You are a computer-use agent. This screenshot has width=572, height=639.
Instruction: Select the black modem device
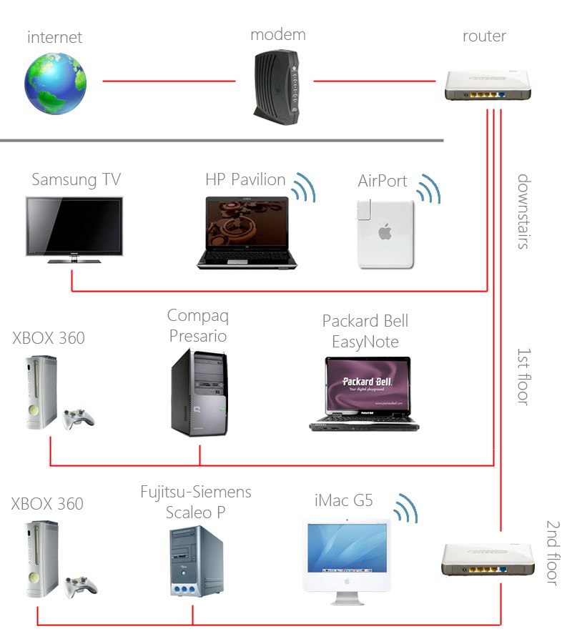pyautogui.click(x=275, y=86)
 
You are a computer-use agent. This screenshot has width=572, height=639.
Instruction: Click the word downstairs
pyautogui.click(x=523, y=211)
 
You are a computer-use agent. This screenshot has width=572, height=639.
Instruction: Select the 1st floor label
pyautogui.click(x=523, y=377)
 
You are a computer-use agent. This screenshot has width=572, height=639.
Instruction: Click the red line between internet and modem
pyautogui.click(x=169, y=81)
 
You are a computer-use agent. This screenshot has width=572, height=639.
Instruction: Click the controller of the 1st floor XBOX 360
pyautogui.click(x=77, y=420)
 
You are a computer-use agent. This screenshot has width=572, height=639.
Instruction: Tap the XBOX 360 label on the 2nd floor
pyautogui.click(x=47, y=504)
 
